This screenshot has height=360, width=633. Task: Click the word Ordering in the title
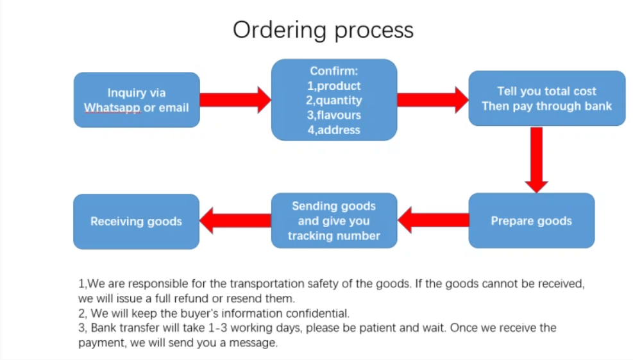pos(280,31)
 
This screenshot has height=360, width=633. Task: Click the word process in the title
pos(375,31)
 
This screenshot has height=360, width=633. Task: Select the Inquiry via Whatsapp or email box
pos(137,100)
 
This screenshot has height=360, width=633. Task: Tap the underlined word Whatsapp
pos(112,108)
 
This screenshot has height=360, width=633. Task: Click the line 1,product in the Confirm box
pos(334,85)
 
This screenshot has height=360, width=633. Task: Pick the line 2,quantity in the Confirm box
pos(334,100)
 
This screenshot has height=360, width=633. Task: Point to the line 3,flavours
pos(334,115)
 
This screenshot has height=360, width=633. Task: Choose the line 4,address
pos(334,130)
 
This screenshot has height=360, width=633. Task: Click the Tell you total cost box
pos(547,98)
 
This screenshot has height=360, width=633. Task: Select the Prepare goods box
pos(531,221)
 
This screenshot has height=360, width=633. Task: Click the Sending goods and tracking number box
pos(334,221)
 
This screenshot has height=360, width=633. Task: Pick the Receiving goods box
pos(137,221)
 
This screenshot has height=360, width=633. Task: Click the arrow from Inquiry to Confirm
pos(235,100)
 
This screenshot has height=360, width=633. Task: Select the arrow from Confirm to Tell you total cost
pos(433,100)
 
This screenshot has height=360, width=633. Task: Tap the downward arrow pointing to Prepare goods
pos(537,160)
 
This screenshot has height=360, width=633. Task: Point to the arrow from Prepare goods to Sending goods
pos(433,220)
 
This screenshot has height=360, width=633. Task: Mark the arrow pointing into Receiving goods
pos(235,221)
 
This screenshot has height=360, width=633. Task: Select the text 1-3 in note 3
pos(217,328)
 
